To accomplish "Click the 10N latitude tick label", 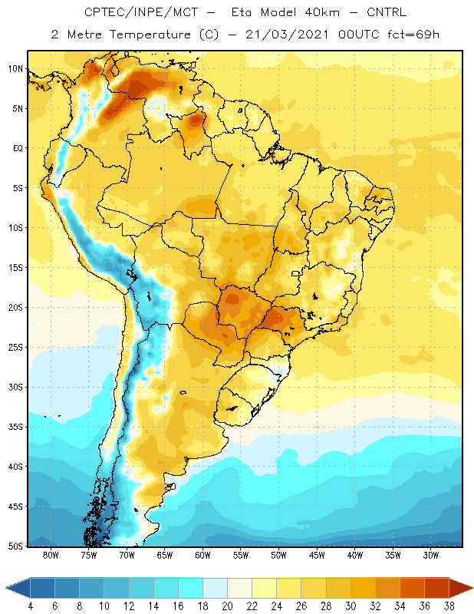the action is (15, 69).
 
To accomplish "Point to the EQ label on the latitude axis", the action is (18, 148).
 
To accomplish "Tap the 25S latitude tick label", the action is (15, 348).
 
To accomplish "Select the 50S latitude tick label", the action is (15, 546).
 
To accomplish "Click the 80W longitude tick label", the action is (51, 555).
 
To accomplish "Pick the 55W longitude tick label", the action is (241, 555).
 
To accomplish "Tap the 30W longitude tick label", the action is (430, 555).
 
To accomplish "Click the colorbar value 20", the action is (227, 606).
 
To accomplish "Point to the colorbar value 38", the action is (449, 606).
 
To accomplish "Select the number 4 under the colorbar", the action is (31, 606).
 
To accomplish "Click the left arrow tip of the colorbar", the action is (6, 587).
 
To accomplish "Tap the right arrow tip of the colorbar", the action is (472, 587).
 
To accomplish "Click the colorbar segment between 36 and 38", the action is (437, 587).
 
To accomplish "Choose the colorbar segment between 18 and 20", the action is (215, 587).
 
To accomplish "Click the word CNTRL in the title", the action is (387, 12).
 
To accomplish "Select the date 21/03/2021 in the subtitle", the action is (287, 35).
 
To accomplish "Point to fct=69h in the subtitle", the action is (413, 35).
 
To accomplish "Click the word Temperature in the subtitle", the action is (150, 35).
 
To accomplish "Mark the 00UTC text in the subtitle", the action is (359, 35).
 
